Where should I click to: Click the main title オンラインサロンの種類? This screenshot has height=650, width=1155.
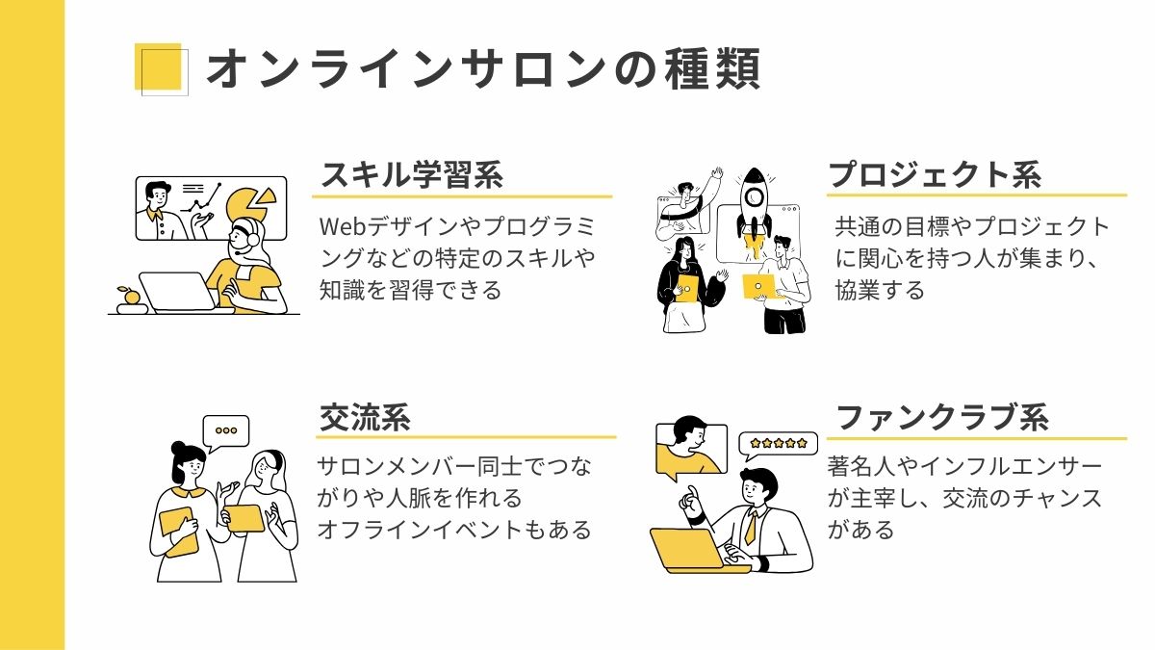(482, 69)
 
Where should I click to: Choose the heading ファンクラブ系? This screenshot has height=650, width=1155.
(941, 417)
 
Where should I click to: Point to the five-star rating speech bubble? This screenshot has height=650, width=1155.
(779, 443)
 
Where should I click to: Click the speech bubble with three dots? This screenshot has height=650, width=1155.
(226, 431)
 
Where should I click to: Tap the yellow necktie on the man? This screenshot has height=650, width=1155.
(750, 527)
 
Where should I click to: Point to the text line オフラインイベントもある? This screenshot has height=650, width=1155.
(453, 530)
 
